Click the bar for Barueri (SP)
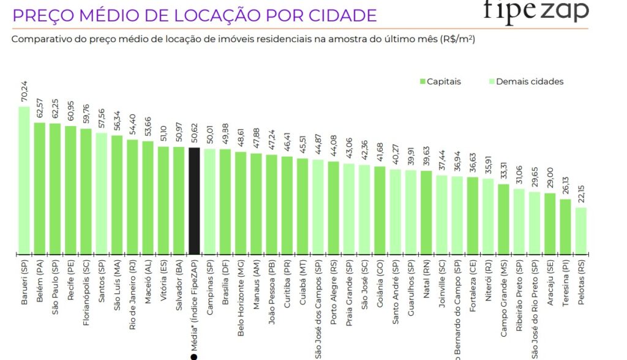[24, 181]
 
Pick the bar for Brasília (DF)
[225, 201]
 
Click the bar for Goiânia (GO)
[380, 210]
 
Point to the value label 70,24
[24, 92]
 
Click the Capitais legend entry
[440, 81]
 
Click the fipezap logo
[535, 11]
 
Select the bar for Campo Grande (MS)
[503, 219]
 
